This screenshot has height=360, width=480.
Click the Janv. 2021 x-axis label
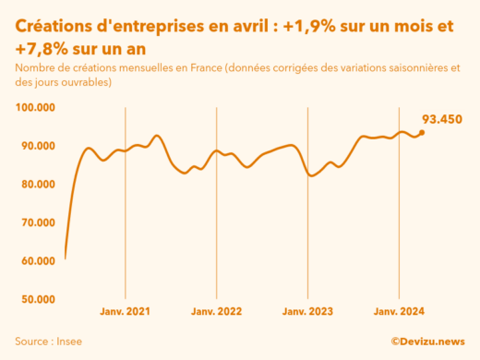(x=125, y=312)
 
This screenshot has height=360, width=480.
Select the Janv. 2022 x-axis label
(x=216, y=312)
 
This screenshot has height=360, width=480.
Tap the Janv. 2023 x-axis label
(x=307, y=312)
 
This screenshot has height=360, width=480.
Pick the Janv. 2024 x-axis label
(x=399, y=312)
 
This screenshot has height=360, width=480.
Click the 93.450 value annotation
(x=442, y=119)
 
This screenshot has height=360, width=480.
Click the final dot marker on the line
(x=422, y=133)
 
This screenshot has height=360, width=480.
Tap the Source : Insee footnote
(x=48, y=341)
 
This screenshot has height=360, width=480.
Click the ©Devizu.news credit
(x=427, y=341)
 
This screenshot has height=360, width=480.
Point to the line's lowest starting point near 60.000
(x=66, y=258)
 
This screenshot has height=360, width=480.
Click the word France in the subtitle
(x=186, y=68)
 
